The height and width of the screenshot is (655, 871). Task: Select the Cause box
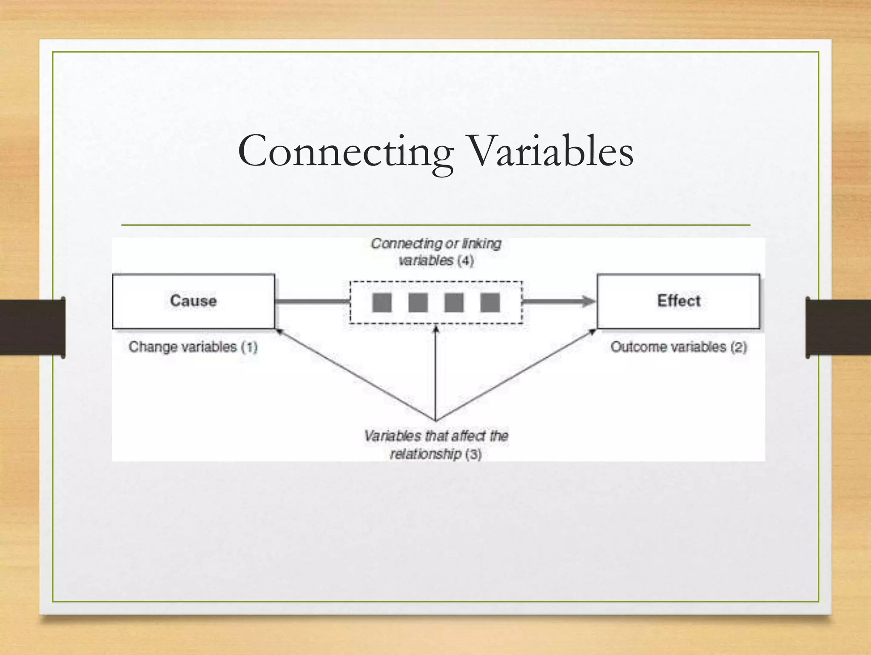194,301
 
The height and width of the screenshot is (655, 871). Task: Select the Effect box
678,301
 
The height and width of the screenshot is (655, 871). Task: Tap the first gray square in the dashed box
381,303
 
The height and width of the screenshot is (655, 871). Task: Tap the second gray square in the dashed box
418,303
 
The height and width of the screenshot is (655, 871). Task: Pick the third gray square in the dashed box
454,303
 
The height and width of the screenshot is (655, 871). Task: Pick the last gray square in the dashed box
490,303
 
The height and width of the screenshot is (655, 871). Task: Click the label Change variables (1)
193,347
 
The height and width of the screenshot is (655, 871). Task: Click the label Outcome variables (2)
679,347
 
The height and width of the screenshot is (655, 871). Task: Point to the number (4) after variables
465,260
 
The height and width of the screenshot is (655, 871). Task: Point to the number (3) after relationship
473,455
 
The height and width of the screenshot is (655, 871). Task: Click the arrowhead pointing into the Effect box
589,302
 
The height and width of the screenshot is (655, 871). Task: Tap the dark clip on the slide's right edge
838,327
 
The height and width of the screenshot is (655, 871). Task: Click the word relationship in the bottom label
426,455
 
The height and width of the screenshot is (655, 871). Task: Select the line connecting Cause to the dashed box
312,302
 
